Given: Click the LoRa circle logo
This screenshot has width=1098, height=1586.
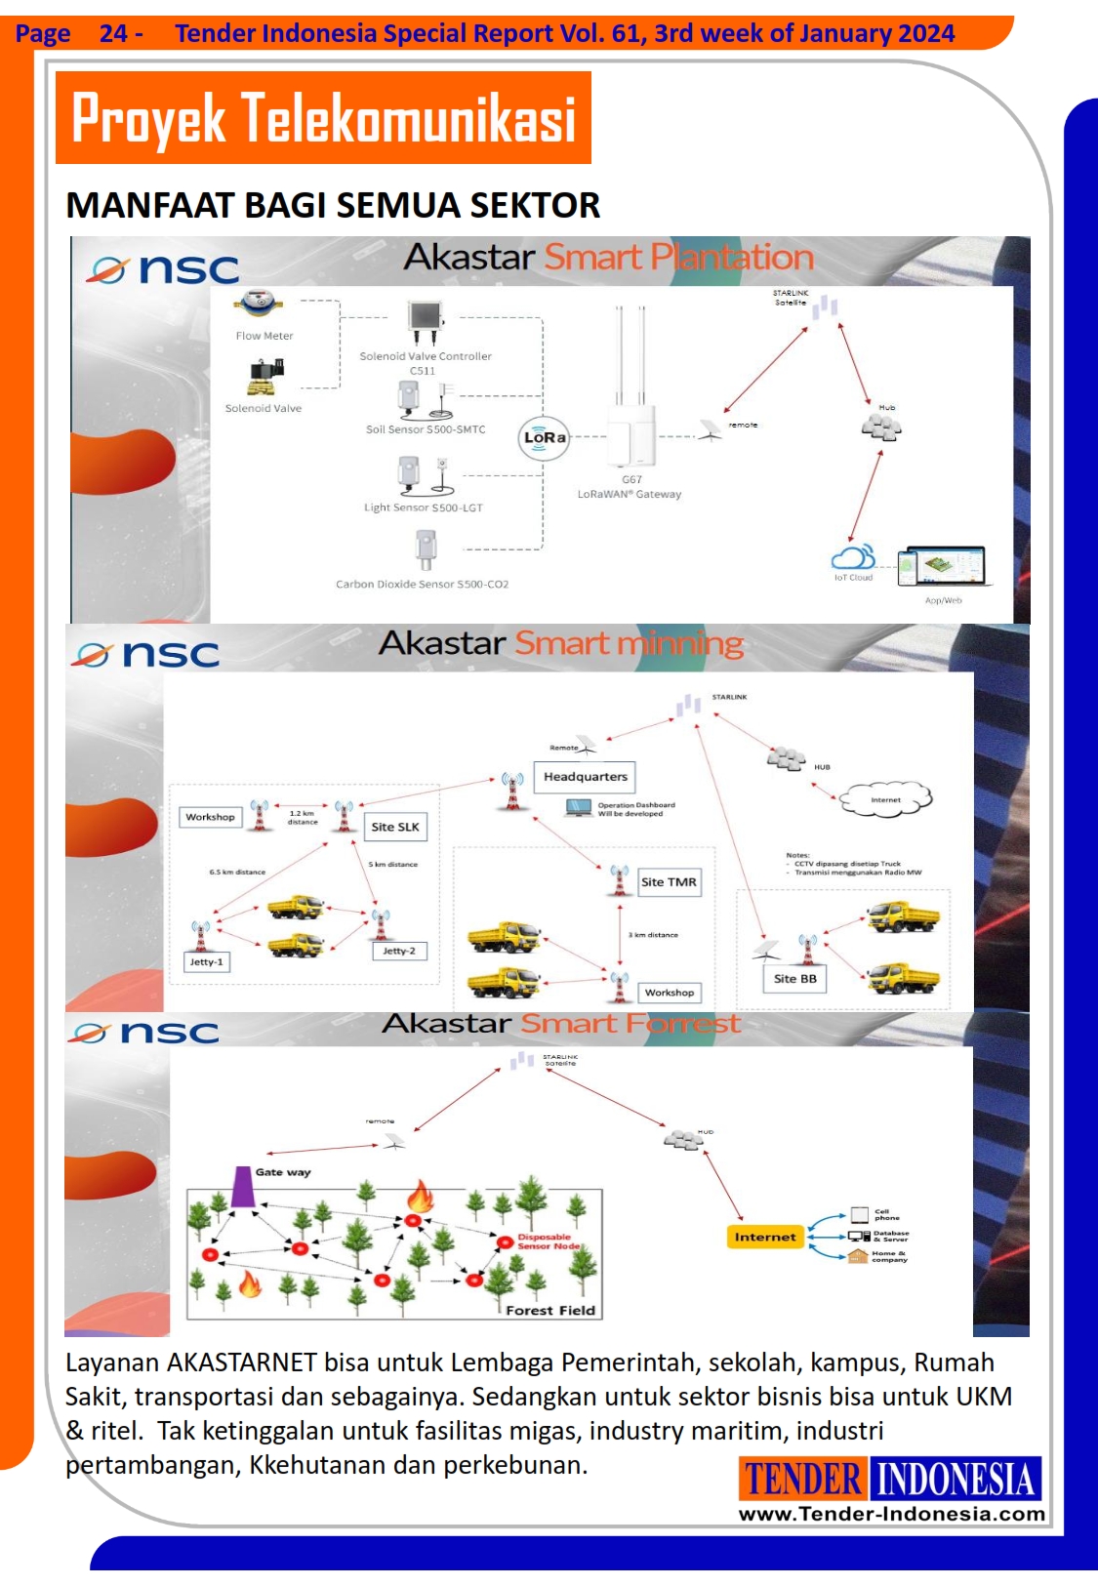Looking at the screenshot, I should coord(544,438).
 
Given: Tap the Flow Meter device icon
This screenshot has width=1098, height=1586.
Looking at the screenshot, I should coord(260,305).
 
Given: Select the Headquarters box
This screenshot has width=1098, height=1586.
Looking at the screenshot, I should coord(585,777).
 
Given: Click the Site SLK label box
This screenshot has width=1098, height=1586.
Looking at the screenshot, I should coord(394,827).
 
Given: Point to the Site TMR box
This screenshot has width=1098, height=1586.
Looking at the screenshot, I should coord(669,882).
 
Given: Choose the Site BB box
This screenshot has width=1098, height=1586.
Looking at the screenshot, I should coord(794,979).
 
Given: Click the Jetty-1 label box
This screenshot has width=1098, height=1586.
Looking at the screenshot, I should coord(206,962).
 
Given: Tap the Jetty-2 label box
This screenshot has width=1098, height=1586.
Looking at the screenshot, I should coord(399,951).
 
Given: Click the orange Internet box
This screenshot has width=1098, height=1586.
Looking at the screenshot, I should coord(765,1237).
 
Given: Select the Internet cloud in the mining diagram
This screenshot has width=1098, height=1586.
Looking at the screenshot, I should coord(886,799).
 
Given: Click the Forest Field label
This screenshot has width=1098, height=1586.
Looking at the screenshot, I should coord(550,1311).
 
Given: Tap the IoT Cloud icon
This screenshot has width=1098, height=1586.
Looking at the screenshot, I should coord(852,558).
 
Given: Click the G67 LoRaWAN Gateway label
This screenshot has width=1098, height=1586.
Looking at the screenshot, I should coord(630,487).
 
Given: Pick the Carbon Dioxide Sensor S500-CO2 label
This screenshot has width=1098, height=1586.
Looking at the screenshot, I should coord(422,585).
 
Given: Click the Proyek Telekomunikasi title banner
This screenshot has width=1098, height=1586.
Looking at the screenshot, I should coord(323,118).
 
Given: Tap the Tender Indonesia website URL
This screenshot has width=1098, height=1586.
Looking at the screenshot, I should coord(891,1514).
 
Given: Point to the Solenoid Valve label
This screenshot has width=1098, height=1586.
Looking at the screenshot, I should coord(264,409).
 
